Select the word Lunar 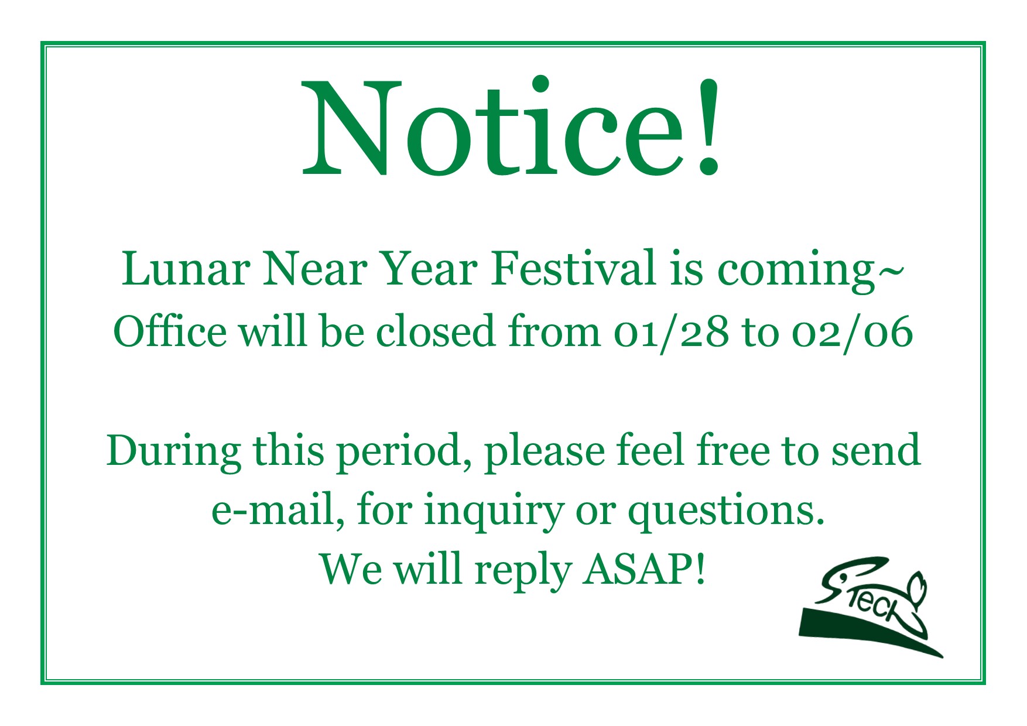[186, 269]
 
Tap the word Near [315, 269]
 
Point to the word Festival [574, 269]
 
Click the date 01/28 [672, 333]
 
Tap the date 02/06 [853, 333]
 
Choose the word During [173, 451]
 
